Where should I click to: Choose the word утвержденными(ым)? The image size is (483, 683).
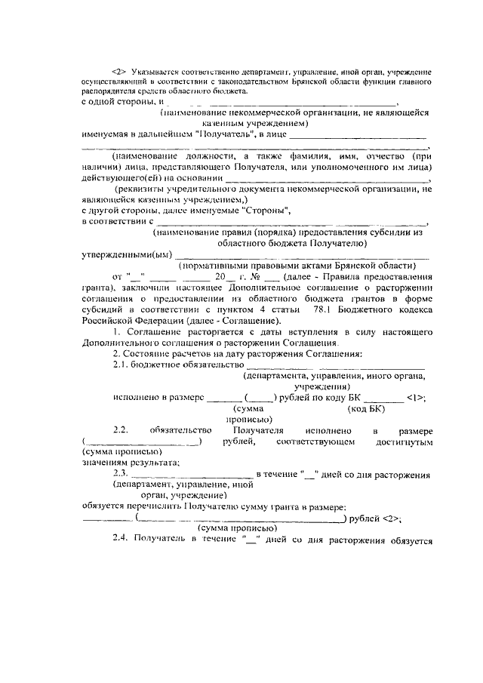[127, 255]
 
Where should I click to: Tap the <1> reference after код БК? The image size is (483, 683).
[416, 397]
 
